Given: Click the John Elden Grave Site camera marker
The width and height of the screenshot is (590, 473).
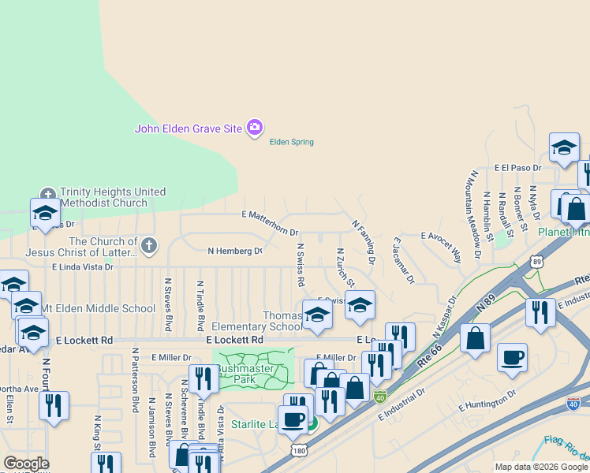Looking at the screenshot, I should pos(254,128).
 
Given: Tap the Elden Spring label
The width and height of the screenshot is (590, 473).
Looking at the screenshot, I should pos(291,143).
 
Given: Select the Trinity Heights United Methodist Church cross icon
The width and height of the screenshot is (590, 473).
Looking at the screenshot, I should pos(47,193).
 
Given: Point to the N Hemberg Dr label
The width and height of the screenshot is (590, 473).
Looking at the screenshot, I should pos(234,251).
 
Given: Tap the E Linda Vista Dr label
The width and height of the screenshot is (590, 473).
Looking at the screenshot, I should pos(84,268).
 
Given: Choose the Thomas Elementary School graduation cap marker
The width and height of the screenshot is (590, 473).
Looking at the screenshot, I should pos(317,314).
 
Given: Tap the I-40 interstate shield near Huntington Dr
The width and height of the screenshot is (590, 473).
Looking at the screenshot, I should pos(573,404).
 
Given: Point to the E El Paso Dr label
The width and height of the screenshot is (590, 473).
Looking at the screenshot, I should pos(517,168).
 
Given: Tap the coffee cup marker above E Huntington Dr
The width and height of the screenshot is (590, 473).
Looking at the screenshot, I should pos(512,357).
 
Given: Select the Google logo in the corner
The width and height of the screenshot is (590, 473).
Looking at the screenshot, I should pos(26,464).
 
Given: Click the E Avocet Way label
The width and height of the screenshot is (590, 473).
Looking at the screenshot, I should pos(442,244).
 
